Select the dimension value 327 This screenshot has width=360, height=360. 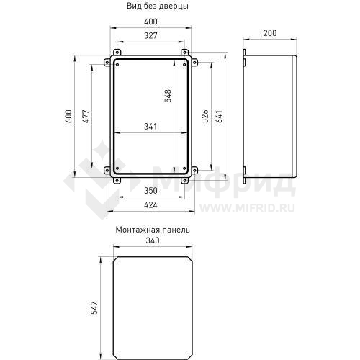pos(150,36)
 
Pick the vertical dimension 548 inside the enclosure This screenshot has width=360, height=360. pos(168,97)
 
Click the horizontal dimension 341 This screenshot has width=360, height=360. pos(151,127)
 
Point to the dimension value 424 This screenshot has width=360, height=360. pos(150,205)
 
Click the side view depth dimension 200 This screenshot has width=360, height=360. pos(270,33)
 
